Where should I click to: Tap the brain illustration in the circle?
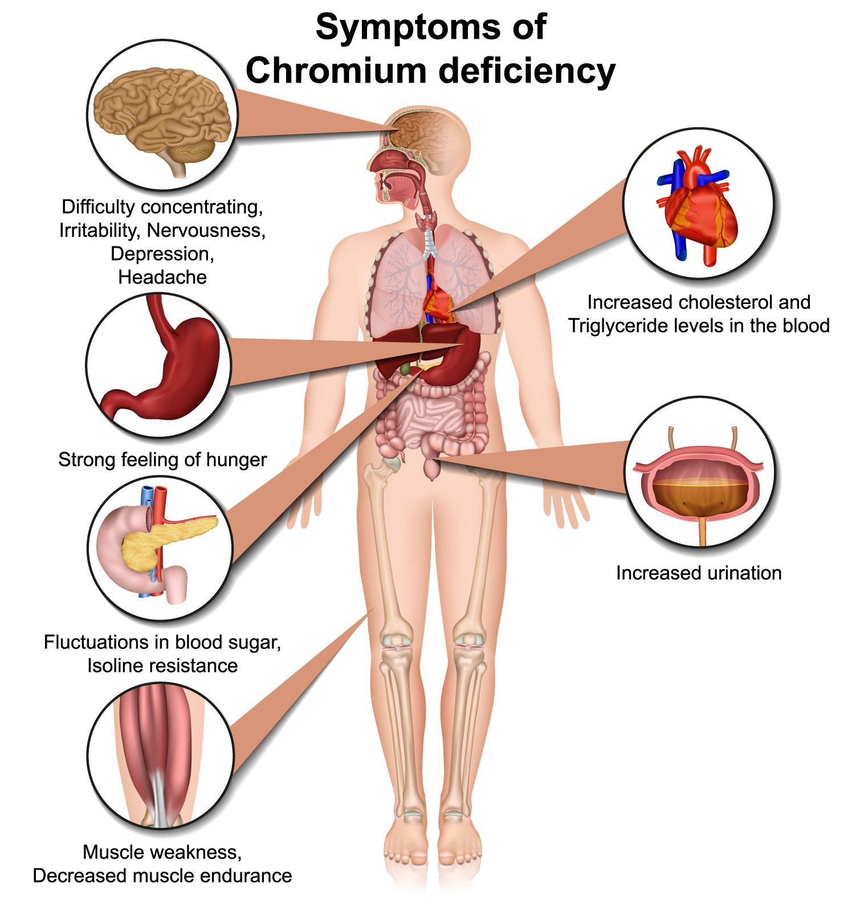click(x=162, y=117)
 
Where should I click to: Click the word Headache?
click(x=162, y=277)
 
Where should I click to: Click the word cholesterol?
click(x=723, y=302)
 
